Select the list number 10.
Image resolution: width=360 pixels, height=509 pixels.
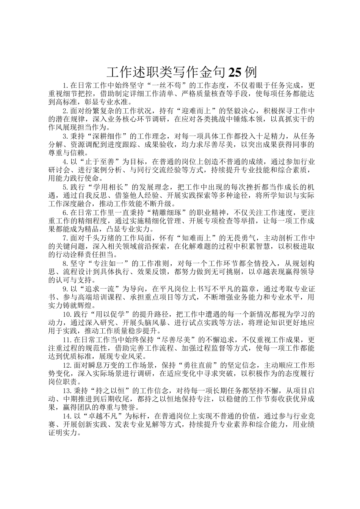(67, 314)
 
